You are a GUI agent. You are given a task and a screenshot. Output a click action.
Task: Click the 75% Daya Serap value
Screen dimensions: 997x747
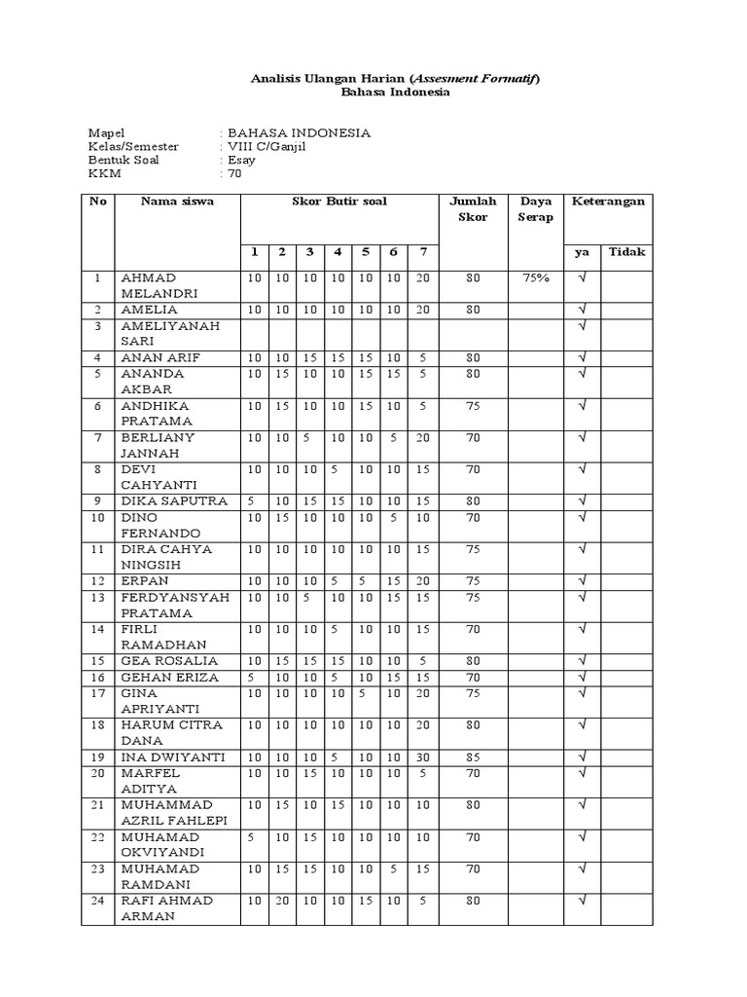(x=536, y=277)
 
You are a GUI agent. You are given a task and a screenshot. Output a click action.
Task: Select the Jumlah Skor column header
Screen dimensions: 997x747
(x=473, y=208)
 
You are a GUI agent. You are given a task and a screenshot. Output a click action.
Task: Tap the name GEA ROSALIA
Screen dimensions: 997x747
(x=169, y=661)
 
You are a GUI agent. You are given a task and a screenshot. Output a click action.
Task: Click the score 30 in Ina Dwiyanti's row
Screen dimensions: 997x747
(x=422, y=757)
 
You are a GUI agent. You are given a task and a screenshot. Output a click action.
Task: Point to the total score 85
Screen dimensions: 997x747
(x=473, y=757)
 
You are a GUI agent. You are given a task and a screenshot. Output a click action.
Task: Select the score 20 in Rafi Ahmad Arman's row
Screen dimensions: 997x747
(x=281, y=901)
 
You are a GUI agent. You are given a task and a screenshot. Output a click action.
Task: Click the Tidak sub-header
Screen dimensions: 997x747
(x=626, y=252)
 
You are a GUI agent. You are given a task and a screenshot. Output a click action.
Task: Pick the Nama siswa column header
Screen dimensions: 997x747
(x=177, y=202)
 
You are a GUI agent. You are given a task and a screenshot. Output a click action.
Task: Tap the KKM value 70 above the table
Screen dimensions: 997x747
(x=234, y=174)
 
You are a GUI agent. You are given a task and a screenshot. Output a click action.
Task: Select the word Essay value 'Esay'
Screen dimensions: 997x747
(x=241, y=160)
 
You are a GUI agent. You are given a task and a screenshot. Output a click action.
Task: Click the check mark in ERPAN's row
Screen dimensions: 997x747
(x=583, y=581)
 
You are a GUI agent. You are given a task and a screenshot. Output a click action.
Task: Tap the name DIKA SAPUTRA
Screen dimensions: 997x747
(x=174, y=501)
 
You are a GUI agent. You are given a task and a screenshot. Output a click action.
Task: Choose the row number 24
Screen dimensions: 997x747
(x=97, y=901)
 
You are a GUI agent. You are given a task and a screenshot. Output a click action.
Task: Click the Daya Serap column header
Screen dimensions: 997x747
(x=536, y=208)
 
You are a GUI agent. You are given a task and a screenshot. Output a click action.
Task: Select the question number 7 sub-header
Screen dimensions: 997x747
(x=422, y=252)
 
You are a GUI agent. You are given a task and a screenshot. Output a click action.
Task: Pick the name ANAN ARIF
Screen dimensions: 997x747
(x=160, y=357)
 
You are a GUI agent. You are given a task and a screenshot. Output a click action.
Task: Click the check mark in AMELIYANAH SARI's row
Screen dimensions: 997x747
(x=583, y=326)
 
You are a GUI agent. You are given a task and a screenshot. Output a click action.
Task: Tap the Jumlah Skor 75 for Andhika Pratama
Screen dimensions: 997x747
(x=473, y=406)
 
